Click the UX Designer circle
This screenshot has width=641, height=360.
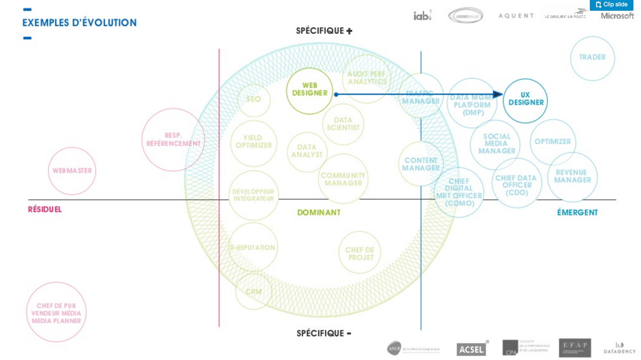coord(525,100)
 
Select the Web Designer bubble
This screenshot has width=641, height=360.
coord(309,91)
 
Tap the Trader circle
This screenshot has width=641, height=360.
coord(592,58)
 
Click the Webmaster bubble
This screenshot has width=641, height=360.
coord(72,171)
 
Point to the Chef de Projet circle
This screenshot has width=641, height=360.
coord(360,253)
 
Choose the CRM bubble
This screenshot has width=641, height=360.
coord(254,292)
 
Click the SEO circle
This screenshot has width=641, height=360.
coord(254,99)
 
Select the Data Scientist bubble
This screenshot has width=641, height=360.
coord(343,124)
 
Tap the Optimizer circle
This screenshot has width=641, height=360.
coord(552,142)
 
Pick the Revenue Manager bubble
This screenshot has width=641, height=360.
coord(572,177)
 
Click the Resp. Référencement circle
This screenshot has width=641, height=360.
coord(173,139)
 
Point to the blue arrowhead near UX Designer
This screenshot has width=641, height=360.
coord(498,95)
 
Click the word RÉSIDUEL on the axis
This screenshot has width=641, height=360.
coord(45,209)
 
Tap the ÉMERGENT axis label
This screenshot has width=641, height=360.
coord(577,213)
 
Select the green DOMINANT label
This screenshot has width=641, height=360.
coord(318,213)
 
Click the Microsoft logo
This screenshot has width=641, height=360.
coord(617,16)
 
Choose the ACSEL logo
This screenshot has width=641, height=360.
coord(471,349)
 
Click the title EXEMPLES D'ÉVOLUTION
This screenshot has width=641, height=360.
coord(79,23)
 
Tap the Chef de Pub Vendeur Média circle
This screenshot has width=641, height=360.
coord(56,313)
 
